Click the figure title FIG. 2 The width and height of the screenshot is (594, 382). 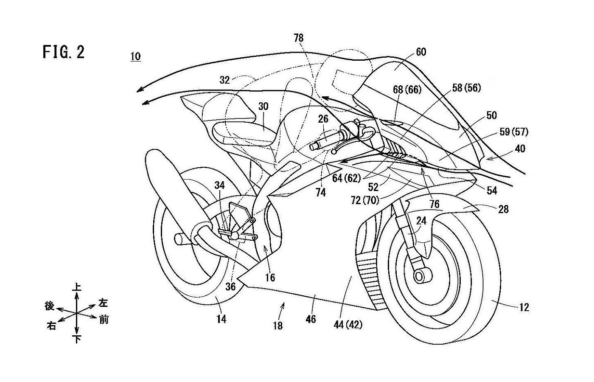point(64,52)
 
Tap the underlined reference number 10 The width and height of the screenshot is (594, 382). point(135,56)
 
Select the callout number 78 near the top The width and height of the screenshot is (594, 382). point(299,38)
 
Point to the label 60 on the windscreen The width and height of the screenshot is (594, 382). point(421,52)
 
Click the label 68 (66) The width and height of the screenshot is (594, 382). point(407,90)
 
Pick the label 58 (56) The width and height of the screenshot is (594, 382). point(466,88)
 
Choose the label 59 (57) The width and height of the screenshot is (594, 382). point(514,132)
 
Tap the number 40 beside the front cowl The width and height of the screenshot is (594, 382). point(520,149)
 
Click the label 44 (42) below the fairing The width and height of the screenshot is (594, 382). point(348,324)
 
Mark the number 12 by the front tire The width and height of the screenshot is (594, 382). point(524,307)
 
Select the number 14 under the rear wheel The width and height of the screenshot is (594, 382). point(221,319)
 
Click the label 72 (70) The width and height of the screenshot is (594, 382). point(365,200)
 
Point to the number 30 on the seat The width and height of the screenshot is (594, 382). point(263,107)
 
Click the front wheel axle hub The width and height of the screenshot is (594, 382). point(420,277)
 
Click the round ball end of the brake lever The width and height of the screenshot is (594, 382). point(333,152)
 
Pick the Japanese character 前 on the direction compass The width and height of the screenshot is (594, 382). point(104,319)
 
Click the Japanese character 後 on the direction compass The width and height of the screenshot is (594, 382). point(50,306)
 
